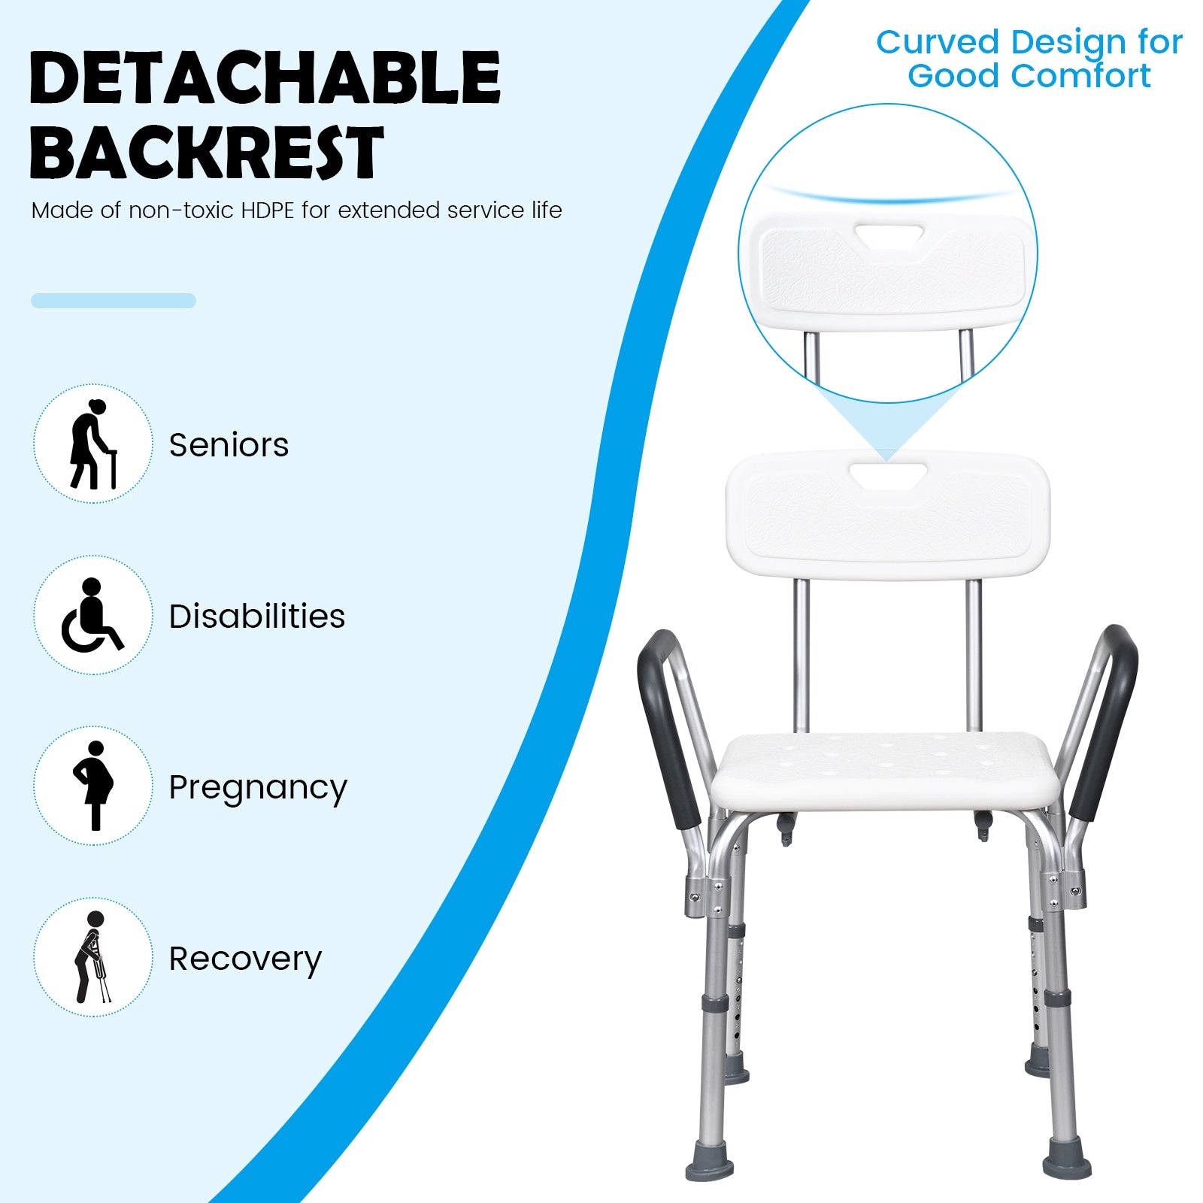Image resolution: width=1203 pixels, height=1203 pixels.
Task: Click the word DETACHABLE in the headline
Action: tap(265, 77)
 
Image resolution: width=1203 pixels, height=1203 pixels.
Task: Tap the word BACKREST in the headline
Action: tap(207, 152)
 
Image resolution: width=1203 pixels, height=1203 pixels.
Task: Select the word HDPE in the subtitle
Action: tap(268, 210)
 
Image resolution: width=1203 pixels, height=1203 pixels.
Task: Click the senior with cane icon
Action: tap(93, 444)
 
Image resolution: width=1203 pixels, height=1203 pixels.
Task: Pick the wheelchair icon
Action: tap(92, 615)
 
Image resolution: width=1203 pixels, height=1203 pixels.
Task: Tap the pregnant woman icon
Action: tap(93, 786)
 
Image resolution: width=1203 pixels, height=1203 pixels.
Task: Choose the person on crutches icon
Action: tap(93, 957)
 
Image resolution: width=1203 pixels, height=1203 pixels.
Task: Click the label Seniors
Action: tap(229, 445)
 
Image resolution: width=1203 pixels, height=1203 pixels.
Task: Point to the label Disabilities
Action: tap(257, 616)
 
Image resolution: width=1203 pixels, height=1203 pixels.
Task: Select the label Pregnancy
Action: tap(258, 789)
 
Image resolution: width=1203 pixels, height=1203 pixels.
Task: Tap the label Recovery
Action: tap(245, 959)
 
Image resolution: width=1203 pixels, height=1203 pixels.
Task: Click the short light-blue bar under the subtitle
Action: tap(114, 301)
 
